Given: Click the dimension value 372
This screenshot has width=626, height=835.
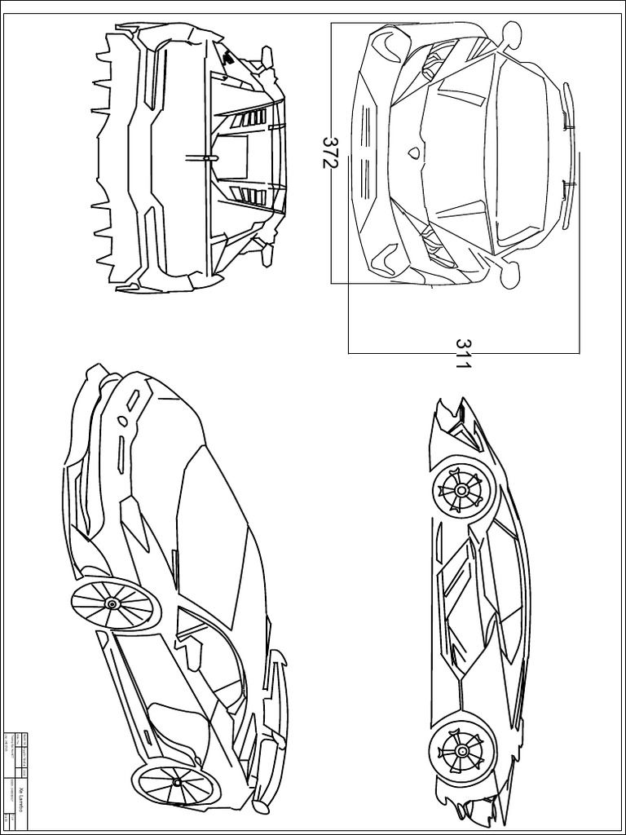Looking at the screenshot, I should coord(329,152).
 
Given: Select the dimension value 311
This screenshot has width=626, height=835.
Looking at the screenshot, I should coord(462,354).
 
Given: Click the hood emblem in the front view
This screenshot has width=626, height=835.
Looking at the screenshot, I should coord(414,152).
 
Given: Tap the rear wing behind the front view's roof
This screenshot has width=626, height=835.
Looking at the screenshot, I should coord(568,152).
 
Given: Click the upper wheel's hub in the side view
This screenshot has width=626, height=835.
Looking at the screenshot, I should coord(462,490).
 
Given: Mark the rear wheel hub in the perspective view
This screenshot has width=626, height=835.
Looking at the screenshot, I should coord(112,603).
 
